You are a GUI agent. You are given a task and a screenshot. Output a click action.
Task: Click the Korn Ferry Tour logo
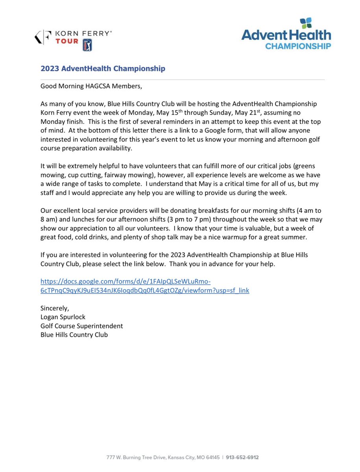pos(73,38)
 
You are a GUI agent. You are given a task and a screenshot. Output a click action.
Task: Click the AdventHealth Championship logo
pos(286,35)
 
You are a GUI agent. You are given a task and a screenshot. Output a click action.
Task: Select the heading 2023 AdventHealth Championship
pos(103,69)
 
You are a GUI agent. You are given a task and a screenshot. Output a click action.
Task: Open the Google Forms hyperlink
pos(145,286)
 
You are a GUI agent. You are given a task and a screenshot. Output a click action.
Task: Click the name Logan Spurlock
pos(63,317)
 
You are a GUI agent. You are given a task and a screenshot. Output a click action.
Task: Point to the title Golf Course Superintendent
pos(82,326)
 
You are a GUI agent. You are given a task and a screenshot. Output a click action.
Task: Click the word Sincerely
pos(55,308)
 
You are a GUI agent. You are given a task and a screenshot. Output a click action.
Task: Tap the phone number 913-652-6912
pos(242,457)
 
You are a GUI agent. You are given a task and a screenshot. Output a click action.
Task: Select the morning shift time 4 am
pos(294,210)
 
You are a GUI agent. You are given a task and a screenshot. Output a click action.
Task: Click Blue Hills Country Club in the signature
pos(74,335)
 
